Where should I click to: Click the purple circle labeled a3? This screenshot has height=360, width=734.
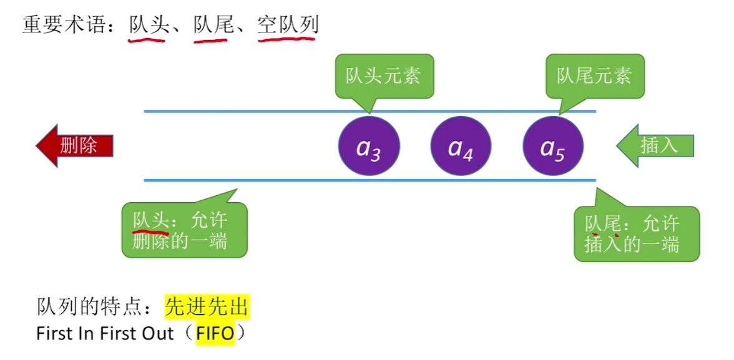[x=369, y=147]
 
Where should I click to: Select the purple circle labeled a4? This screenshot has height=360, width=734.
[x=461, y=147]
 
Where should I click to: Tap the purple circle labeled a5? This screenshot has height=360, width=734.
[x=553, y=147]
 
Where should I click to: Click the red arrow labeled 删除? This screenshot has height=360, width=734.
[x=75, y=146]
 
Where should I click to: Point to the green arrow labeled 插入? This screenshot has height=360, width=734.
[x=655, y=146]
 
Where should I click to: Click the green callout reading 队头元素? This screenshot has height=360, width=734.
[x=383, y=76]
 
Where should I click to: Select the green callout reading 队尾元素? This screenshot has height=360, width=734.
[x=594, y=76]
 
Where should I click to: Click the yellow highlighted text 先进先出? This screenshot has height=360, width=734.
[x=207, y=307]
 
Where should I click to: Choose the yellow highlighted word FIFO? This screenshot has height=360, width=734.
[x=215, y=334]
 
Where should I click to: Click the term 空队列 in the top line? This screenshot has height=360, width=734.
[x=288, y=25]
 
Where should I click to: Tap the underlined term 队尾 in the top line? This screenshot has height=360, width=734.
[x=209, y=25]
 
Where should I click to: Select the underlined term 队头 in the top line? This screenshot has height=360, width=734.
[x=146, y=25]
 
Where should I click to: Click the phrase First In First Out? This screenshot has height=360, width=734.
[x=105, y=334]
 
